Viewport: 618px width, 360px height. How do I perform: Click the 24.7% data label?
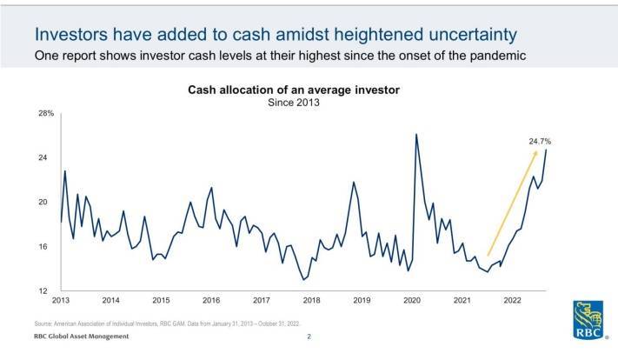pyautogui.click(x=540, y=140)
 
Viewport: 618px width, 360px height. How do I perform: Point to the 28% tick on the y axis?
pyautogui.click(x=45, y=114)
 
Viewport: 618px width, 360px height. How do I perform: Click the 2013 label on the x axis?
pyautogui.click(x=61, y=301)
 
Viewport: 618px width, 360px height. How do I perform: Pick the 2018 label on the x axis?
pyautogui.click(x=311, y=301)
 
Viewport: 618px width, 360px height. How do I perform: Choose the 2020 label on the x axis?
pyautogui.click(x=412, y=301)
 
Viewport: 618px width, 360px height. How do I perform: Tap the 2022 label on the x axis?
pyautogui.click(x=512, y=301)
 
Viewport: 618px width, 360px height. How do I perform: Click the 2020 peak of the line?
pyautogui.click(x=416, y=134)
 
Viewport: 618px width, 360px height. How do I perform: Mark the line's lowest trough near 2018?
pyautogui.click(x=303, y=279)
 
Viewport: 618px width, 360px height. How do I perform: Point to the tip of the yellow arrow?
pyautogui.click(x=535, y=151)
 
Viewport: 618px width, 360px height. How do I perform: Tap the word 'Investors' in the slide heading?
pyautogui.click(x=72, y=35)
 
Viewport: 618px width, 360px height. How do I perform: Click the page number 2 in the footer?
pyautogui.click(x=309, y=336)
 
